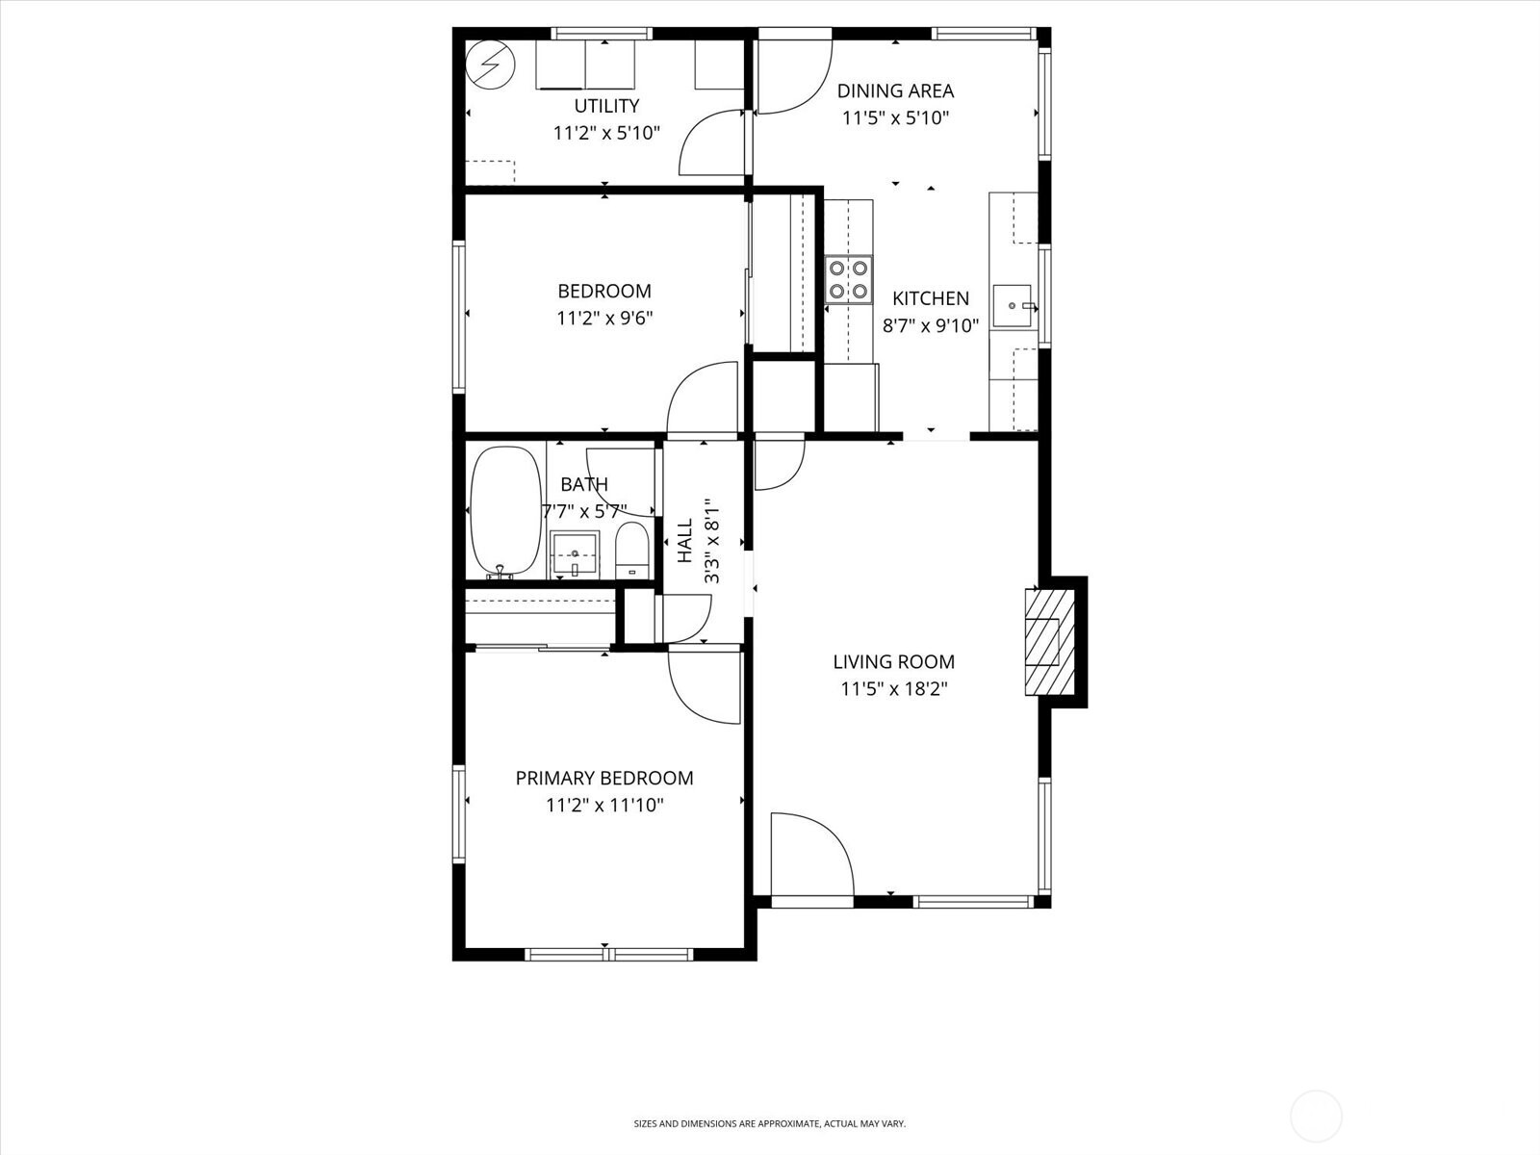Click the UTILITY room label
coord(606,106)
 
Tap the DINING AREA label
coord(895,91)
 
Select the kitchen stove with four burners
coord(849,279)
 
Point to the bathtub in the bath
coord(505,512)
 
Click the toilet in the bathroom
coord(631,551)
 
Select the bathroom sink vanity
coord(575,555)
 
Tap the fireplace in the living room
coord(1048,641)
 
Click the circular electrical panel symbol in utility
coord(485,64)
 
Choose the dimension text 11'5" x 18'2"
coord(893,689)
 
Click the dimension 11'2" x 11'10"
coord(604,805)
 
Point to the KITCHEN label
coord(930,298)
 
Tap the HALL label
coord(685,541)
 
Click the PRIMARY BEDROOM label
coord(604,778)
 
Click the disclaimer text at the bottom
coord(769,1123)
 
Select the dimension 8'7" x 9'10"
coord(930,325)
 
